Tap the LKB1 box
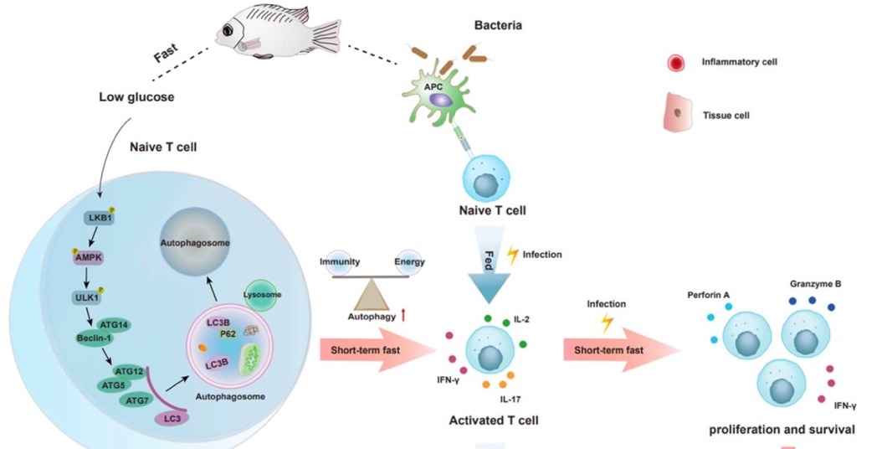coord(99,219)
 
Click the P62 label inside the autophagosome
coord(228,333)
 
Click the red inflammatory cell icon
coord(677,62)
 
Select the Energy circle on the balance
coord(410,262)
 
